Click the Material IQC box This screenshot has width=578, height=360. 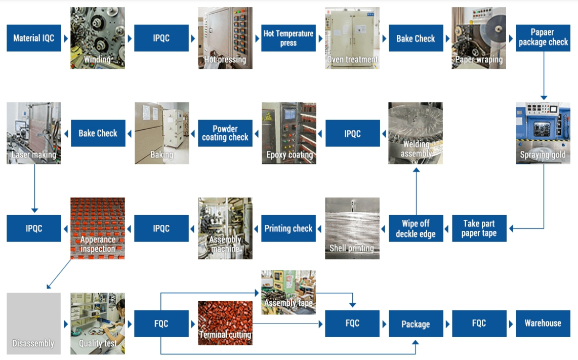[x=34, y=38]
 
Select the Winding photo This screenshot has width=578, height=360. [x=97, y=38]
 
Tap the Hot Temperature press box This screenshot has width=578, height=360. [x=288, y=38]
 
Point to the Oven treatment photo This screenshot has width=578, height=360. [x=352, y=38]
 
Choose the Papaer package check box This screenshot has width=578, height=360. [x=543, y=38]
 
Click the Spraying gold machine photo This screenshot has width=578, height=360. [x=543, y=133]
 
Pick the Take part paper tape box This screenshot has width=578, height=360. [x=479, y=228]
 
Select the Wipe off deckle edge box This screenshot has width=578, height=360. [x=416, y=228]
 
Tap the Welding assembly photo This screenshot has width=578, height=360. [x=416, y=133]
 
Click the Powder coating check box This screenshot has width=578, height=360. [x=225, y=133]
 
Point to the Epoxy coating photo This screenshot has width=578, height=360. [x=288, y=133]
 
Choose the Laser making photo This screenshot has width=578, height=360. [x=34, y=133]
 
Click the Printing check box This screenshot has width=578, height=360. [x=288, y=228]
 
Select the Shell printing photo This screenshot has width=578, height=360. [x=352, y=228]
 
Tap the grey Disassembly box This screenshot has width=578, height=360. [x=34, y=323]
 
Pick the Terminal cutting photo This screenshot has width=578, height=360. [x=225, y=323]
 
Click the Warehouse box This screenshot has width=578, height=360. [x=543, y=323]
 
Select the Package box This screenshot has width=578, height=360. [x=416, y=324]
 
